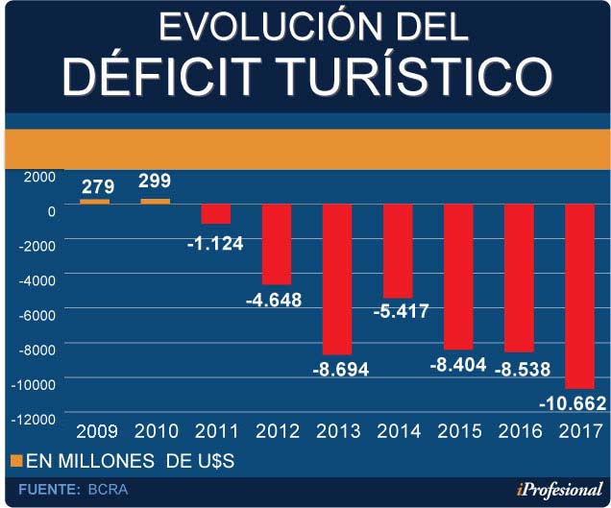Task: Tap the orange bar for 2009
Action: (x=94, y=202)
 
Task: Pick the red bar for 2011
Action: (x=216, y=213)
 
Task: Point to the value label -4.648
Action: (x=274, y=300)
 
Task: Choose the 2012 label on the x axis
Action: (x=277, y=430)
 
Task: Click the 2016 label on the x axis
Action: (x=518, y=430)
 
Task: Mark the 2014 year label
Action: (x=398, y=430)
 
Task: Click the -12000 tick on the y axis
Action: (x=32, y=419)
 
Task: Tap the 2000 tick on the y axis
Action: (x=39, y=176)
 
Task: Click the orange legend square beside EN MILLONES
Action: (x=15, y=462)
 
